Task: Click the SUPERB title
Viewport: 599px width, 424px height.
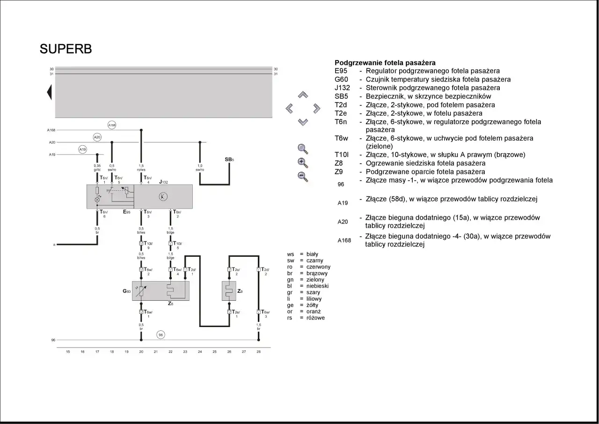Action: click(x=66, y=49)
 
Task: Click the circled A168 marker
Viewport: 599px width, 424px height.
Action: click(x=112, y=125)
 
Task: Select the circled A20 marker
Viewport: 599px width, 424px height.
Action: click(x=97, y=137)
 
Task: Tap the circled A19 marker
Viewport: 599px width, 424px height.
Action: click(x=82, y=149)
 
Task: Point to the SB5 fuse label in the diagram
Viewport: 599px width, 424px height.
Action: click(x=229, y=160)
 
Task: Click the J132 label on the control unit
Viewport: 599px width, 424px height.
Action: click(x=163, y=181)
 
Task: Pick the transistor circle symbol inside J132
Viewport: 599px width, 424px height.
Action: click(x=162, y=197)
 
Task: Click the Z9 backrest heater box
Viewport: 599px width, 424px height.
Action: click(x=229, y=291)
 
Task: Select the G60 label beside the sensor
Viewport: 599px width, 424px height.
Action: click(x=126, y=291)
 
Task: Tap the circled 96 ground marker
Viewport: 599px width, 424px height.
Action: click(x=161, y=335)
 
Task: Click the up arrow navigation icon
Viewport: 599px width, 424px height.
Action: click(x=303, y=95)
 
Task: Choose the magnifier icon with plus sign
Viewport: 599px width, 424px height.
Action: click(x=303, y=163)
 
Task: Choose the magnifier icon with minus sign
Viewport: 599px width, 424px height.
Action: click(x=303, y=177)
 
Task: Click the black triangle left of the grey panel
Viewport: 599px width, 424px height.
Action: click(x=49, y=92)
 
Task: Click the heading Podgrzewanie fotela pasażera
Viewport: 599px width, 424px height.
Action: click(x=385, y=63)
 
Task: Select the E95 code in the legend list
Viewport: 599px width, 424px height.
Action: click(x=341, y=71)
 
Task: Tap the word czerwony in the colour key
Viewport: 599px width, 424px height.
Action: click(x=318, y=267)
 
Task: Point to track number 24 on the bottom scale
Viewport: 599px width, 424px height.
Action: click(x=200, y=351)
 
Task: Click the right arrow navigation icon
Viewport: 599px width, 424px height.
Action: click(x=317, y=109)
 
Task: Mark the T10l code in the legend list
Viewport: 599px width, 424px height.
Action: click(x=342, y=155)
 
